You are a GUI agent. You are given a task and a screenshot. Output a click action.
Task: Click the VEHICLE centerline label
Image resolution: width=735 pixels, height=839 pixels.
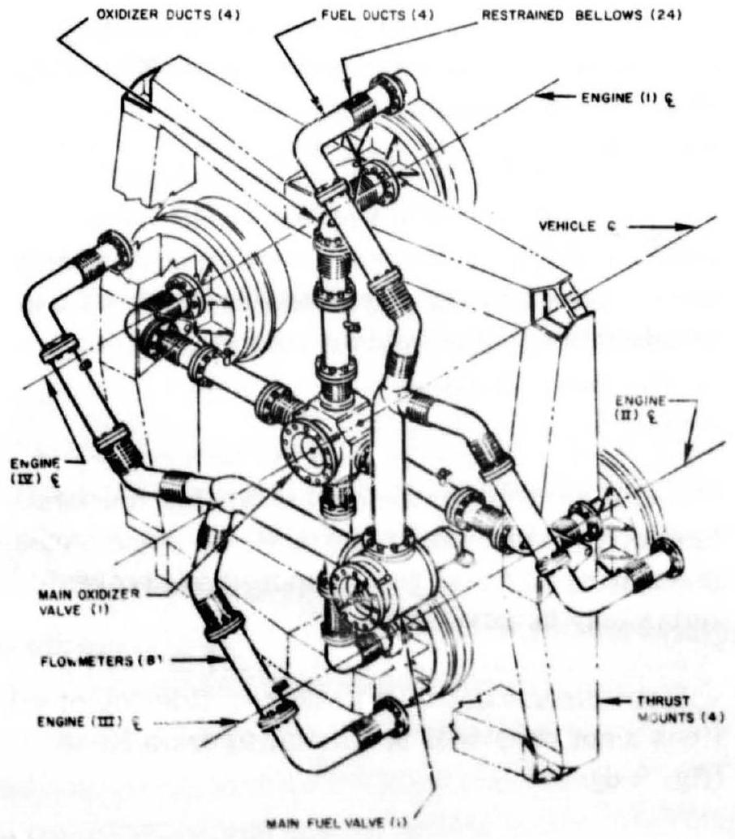tap(591, 230)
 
